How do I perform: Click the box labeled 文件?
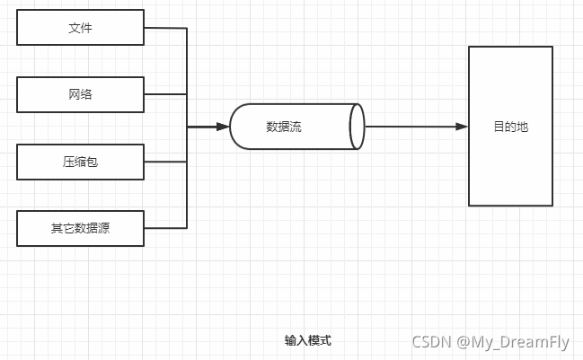pos(80,28)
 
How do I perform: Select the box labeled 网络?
pos(80,94)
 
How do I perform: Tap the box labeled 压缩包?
pos(80,162)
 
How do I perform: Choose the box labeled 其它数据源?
pos(80,228)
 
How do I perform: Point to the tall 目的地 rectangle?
pos(510,127)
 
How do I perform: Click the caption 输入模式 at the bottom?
pos(308,340)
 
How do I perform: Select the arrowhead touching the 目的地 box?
pos(462,127)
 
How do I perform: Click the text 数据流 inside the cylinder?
pos(284,127)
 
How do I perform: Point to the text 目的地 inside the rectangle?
pos(510,127)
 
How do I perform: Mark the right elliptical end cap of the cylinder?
pos(358,127)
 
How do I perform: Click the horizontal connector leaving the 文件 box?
pos(165,28)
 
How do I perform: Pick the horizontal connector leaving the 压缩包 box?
pos(165,162)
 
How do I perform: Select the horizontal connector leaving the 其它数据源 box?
pos(165,228)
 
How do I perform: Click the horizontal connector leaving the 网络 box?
pos(165,94)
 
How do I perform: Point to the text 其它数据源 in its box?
pos(80,228)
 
